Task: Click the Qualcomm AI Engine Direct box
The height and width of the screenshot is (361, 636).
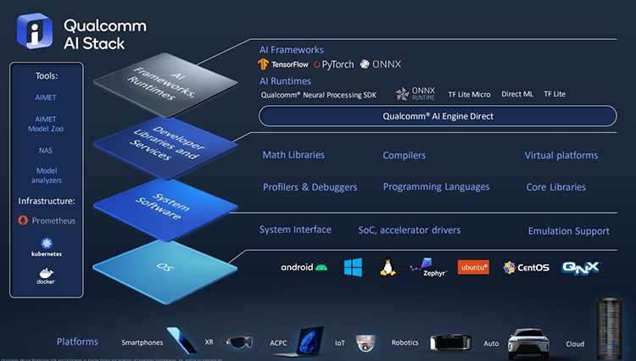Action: pyautogui.click(x=438, y=116)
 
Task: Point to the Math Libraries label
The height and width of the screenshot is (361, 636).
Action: pyautogui.click(x=293, y=155)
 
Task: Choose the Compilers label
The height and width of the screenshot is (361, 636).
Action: pyautogui.click(x=404, y=155)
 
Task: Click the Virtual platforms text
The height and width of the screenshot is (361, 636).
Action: pyautogui.click(x=561, y=155)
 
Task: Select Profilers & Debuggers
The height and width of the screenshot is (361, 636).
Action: pyautogui.click(x=310, y=186)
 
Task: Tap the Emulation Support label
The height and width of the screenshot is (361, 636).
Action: pyautogui.click(x=568, y=230)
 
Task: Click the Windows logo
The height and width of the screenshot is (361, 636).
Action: pyautogui.click(x=354, y=268)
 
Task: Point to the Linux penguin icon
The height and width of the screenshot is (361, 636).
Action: pyautogui.click(x=388, y=268)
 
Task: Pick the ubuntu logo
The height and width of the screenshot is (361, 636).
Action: pyautogui.click(x=473, y=267)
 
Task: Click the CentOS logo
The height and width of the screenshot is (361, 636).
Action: pyautogui.click(x=526, y=268)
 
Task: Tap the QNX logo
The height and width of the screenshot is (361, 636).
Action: pyautogui.click(x=581, y=267)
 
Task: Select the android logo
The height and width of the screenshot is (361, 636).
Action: pyautogui.click(x=304, y=268)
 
